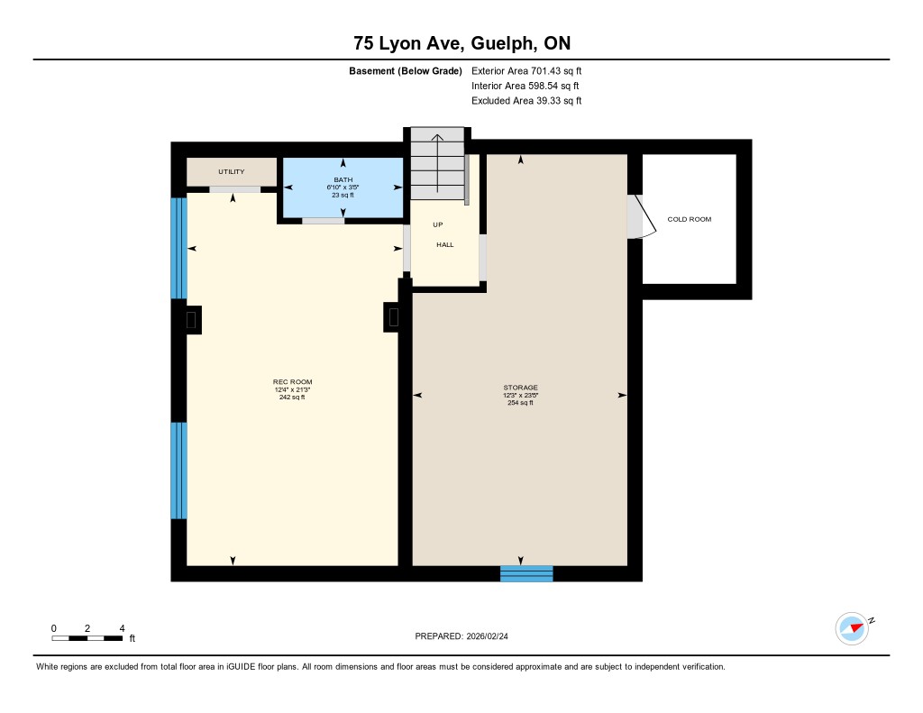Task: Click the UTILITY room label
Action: pyautogui.click(x=232, y=172)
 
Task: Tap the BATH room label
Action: pyautogui.click(x=343, y=179)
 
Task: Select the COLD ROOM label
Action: pyautogui.click(x=690, y=219)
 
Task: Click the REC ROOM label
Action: pyautogui.click(x=293, y=381)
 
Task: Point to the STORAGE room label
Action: pyautogui.click(x=520, y=388)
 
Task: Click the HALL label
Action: pyautogui.click(x=445, y=244)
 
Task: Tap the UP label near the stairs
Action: pyautogui.click(x=438, y=224)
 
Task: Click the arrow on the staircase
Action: pyautogui.click(x=437, y=164)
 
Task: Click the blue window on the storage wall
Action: pyautogui.click(x=526, y=573)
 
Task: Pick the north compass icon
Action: pyautogui.click(x=854, y=628)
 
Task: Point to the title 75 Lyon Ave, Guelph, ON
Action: pyautogui.click(x=462, y=43)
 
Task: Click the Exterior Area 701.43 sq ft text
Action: pyautogui.click(x=526, y=70)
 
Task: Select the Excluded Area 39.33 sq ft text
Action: pyautogui.click(x=526, y=101)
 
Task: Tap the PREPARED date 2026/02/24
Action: pyautogui.click(x=461, y=635)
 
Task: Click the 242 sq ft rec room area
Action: pyautogui.click(x=292, y=398)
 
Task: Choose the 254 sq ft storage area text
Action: pyautogui.click(x=520, y=403)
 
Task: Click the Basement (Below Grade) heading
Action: pyautogui.click(x=406, y=71)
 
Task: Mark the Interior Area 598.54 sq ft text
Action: pyautogui.click(x=525, y=86)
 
